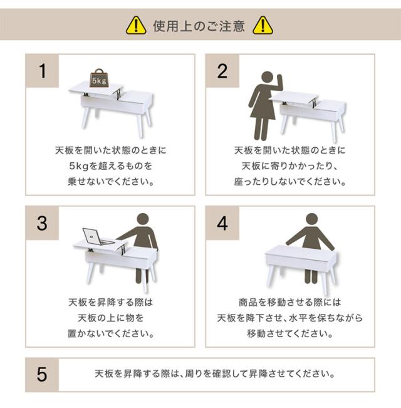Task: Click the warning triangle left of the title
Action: coord(136,26)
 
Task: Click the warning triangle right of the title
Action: coord(263,26)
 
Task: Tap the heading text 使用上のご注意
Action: coord(199,26)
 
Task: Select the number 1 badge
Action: coord(42,71)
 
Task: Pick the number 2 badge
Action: coord(222,71)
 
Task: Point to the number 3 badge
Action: coord(42,223)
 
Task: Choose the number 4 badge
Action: coord(222,223)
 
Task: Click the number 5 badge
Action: coord(42,375)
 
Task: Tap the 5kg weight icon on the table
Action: coord(98,78)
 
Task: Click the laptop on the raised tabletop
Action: coord(97,237)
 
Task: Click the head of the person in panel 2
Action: coord(267,78)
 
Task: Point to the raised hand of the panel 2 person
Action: coord(279,80)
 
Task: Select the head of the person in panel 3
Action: coord(143,219)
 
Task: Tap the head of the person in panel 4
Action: coord(312,219)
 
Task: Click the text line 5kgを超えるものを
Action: coord(110,165)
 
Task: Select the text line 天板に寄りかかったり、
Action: coord(290,165)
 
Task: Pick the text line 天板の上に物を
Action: coord(110,318)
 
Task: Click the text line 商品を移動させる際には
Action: coord(290,302)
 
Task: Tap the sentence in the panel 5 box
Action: coord(215,374)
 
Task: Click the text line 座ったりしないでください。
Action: coord(290,181)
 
